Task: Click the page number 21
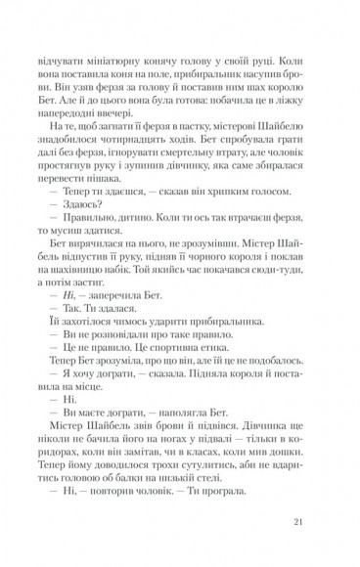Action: [x=299, y=521]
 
